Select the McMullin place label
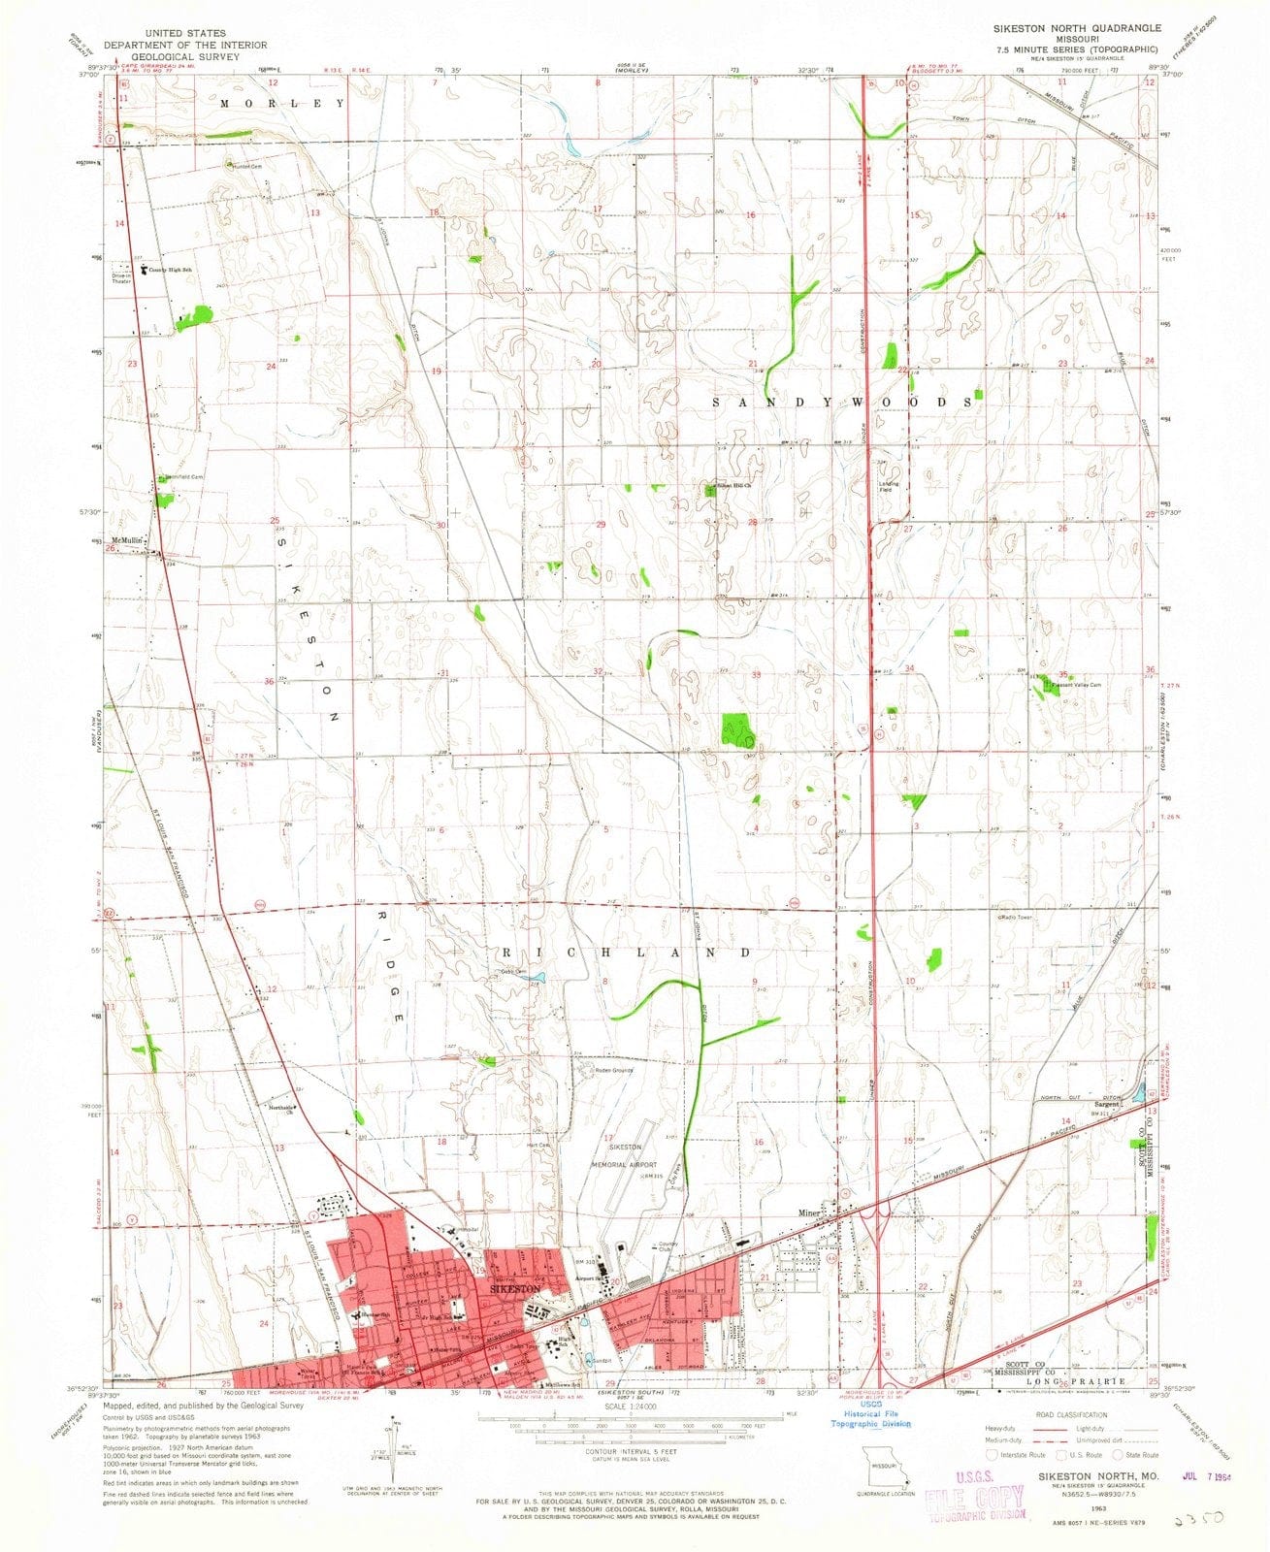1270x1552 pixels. (x=127, y=540)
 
